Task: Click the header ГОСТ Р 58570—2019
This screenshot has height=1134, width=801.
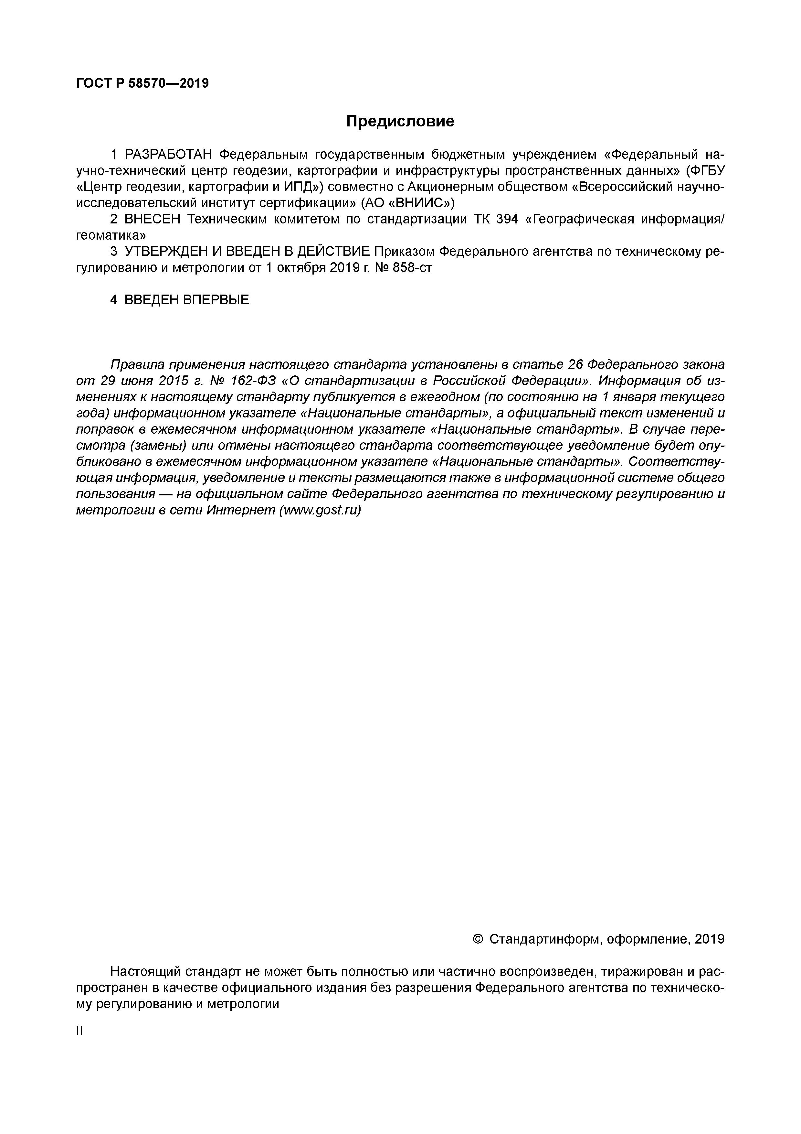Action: [x=142, y=83]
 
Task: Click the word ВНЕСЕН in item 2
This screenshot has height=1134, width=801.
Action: [x=153, y=219]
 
